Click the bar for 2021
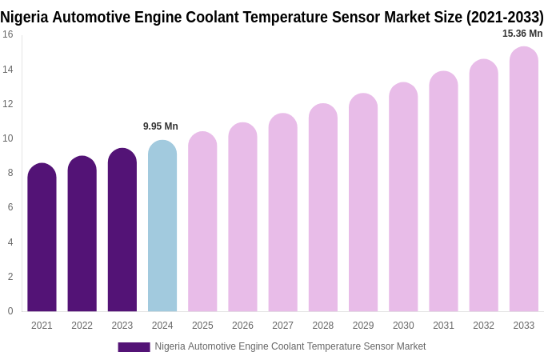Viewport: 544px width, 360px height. (x=42, y=238)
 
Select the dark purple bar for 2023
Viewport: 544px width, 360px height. (x=122, y=230)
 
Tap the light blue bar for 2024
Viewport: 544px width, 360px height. (x=162, y=226)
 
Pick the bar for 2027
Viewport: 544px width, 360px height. (x=282, y=213)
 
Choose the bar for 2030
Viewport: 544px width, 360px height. (x=403, y=198)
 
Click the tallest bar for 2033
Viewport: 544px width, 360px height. (x=524, y=179)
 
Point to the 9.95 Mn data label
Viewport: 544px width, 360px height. (x=161, y=126)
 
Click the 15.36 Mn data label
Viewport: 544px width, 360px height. (x=522, y=34)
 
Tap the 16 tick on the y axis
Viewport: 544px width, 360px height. (x=8, y=34)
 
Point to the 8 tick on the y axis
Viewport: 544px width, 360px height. (x=10, y=173)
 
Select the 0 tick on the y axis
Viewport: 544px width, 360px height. (x=10, y=311)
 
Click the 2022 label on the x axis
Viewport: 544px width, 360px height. (x=82, y=326)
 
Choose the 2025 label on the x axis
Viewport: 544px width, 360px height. (x=202, y=326)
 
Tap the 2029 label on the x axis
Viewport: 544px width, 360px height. (x=363, y=326)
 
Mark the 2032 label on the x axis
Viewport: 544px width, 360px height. (x=483, y=326)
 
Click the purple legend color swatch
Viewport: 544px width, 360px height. (x=134, y=347)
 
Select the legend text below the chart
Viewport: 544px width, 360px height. (x=290, y=346)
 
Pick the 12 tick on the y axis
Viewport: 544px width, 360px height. (x=8, y=104)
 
